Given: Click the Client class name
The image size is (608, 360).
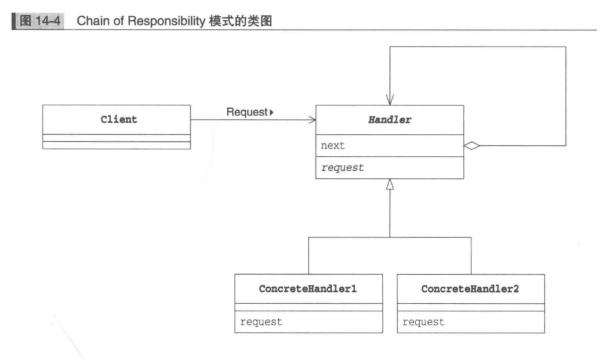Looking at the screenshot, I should tap(119, 120).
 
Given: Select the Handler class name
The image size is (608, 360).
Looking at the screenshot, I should tap(390, 120).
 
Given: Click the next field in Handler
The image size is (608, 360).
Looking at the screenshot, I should tap(333, 145).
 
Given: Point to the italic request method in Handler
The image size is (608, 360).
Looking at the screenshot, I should tap(343, 168).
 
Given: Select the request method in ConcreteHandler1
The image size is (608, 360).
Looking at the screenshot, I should tap(261, 322).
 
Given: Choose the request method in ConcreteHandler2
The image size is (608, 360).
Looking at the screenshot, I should tap(423, 322).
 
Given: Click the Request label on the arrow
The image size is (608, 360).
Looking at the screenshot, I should tap(246, 112).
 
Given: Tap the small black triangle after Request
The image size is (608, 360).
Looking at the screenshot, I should tap(271, 113).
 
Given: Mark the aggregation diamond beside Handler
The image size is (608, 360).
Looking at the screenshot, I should tap(472, 145).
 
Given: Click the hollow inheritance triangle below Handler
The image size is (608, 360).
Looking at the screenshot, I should tap(390, 185).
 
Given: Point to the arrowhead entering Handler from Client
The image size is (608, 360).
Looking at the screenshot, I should tap(311, 120).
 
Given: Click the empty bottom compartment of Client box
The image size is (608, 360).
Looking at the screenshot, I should tap(116, 145).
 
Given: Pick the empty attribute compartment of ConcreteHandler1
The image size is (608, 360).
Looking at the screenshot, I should tap(309, 307).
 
